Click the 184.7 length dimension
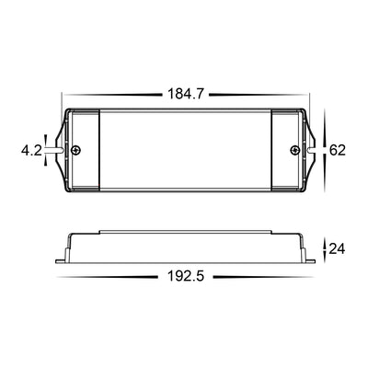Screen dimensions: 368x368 pos(186,94)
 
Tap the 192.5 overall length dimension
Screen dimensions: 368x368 pos(186,277)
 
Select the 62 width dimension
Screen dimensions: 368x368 pos(338,150)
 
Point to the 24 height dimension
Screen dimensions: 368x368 pos(337,248)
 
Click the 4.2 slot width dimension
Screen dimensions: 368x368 pos(31,151)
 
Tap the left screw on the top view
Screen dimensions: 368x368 pos(76,150)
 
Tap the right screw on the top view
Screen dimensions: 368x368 pos(294,150)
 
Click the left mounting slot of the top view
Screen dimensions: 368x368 pos(59,150)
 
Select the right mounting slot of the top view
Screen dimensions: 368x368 pos(310,150)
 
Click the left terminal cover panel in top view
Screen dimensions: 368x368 pos(86,150)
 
